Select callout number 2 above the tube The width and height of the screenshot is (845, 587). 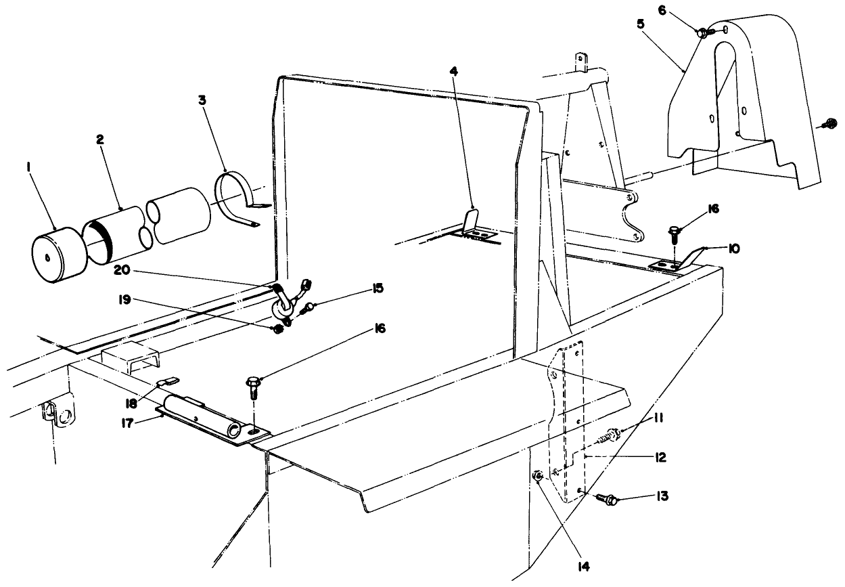tap(99, 139)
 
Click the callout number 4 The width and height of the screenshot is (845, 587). tap(454, 70)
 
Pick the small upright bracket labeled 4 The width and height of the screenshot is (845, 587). tap(473, 223)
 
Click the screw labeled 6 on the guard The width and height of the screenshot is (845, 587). tap(704, 31)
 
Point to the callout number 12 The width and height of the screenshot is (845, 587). tap(660, 457)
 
